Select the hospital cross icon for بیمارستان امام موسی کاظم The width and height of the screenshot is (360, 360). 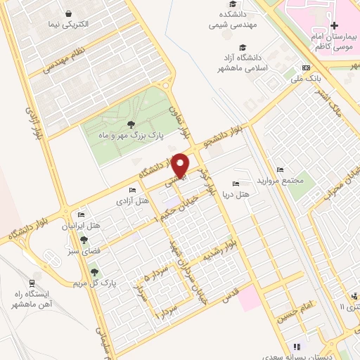click(334, 25)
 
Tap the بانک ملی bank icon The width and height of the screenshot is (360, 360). click(305, 67)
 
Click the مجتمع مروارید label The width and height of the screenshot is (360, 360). click(279, 180)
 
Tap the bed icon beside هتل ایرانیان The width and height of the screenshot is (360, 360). click(81, 214)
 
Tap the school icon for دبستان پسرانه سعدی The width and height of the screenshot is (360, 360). click(296, 346)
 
